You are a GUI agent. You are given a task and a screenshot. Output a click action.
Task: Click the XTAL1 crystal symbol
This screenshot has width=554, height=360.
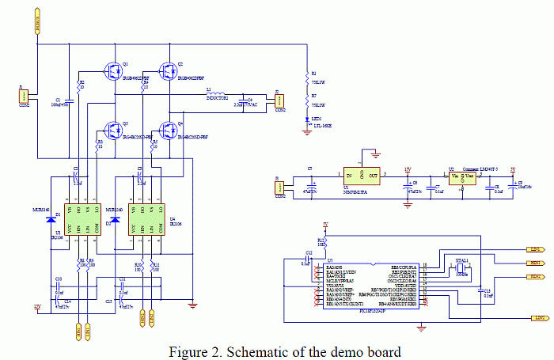(460, 271)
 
